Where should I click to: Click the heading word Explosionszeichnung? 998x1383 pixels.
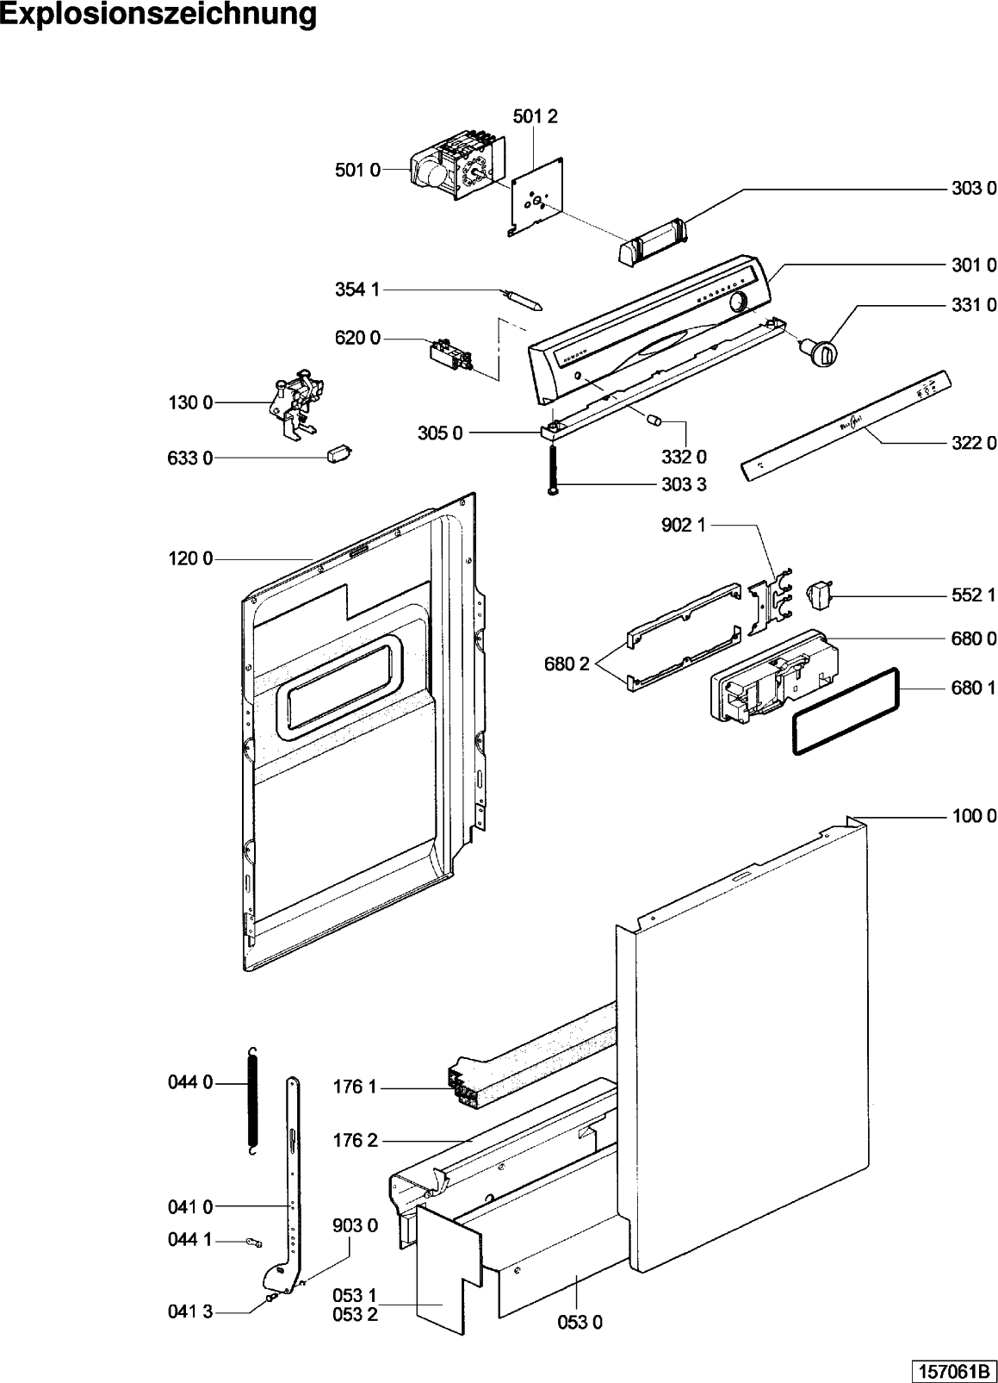158,16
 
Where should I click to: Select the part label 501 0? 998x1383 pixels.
357,171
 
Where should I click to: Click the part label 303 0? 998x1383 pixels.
973,188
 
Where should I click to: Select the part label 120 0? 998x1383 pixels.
190,559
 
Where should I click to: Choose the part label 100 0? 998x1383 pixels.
974,815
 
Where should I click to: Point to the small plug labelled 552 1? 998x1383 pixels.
819,594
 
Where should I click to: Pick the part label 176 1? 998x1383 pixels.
355,1087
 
